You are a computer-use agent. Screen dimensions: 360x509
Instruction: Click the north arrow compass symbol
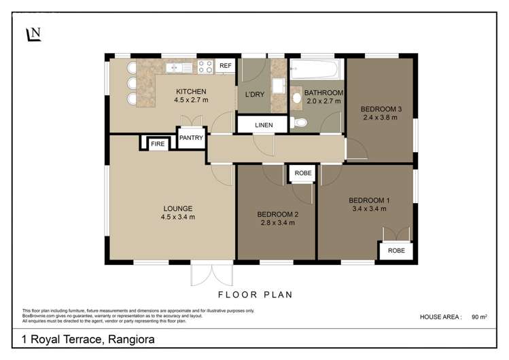coord(33,34)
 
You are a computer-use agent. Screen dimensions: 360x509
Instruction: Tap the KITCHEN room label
coord(191,92)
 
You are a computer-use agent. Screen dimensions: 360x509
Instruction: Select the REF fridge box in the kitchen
coord(226,66)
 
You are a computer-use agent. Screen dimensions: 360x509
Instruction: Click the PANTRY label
coord(191,138)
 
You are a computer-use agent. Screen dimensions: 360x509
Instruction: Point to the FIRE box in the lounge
coord(157,144)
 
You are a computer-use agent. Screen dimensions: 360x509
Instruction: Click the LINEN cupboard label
coord(264,125)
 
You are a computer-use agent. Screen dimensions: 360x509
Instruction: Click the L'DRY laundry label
coord(255,94)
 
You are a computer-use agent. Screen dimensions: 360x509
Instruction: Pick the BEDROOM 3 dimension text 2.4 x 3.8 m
coord(379,118)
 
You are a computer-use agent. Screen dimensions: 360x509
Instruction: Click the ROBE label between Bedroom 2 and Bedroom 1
coord(303,173)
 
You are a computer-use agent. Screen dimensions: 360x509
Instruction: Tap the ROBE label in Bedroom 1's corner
coord(396,250)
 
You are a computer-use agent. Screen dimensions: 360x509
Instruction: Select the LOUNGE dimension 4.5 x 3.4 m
coord(178,217)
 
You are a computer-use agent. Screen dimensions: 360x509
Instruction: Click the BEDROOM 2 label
coord(277,214)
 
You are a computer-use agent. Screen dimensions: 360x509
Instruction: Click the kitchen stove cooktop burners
coord(205,66)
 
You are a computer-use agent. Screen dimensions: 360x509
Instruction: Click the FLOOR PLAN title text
coord(255,295)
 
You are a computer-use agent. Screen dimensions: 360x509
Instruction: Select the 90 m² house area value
coord(480,317)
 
